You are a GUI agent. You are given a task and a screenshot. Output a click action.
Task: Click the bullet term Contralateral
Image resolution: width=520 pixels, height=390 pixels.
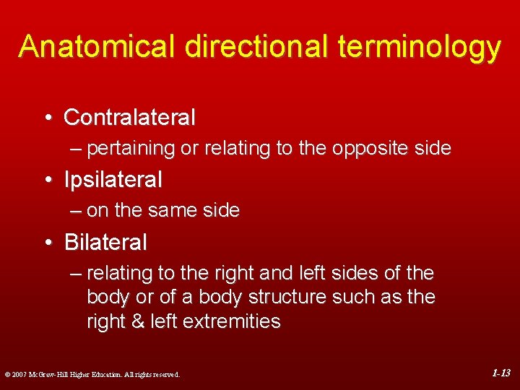tap(129, 117)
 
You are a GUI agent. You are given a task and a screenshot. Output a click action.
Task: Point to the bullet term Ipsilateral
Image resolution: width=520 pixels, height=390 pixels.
tap(113, 179)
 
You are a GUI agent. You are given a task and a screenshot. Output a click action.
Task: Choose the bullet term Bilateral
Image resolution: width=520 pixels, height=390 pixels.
tap(105, 242)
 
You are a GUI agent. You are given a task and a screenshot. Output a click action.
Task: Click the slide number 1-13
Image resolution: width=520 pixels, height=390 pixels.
tap(501, 373)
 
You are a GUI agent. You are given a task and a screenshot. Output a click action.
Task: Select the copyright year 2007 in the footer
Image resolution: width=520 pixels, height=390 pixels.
tap(19, 375)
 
